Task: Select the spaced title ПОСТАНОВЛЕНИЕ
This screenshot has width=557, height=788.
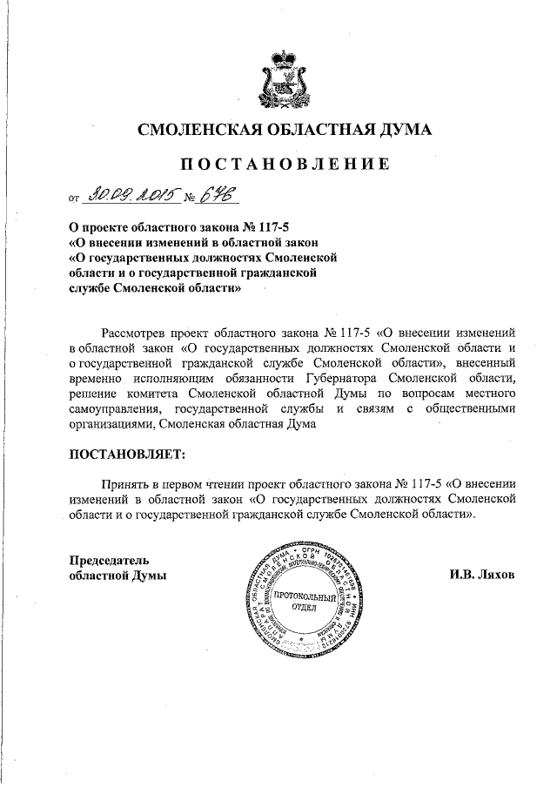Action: coord(285,164)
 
